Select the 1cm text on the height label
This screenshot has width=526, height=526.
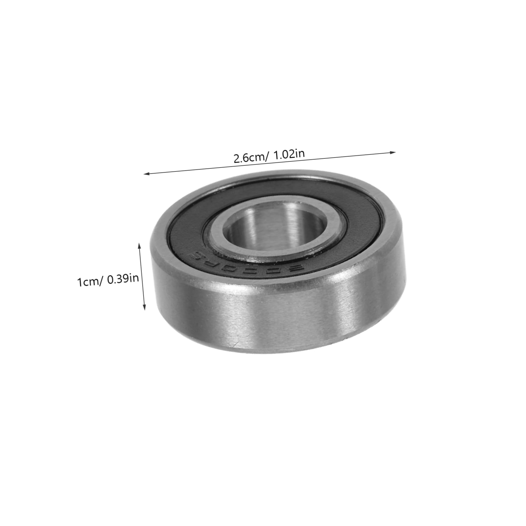pyautogui.click(x=87, y=282)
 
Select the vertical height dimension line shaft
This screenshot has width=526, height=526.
pyautogui.click(x=142, y=276)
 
